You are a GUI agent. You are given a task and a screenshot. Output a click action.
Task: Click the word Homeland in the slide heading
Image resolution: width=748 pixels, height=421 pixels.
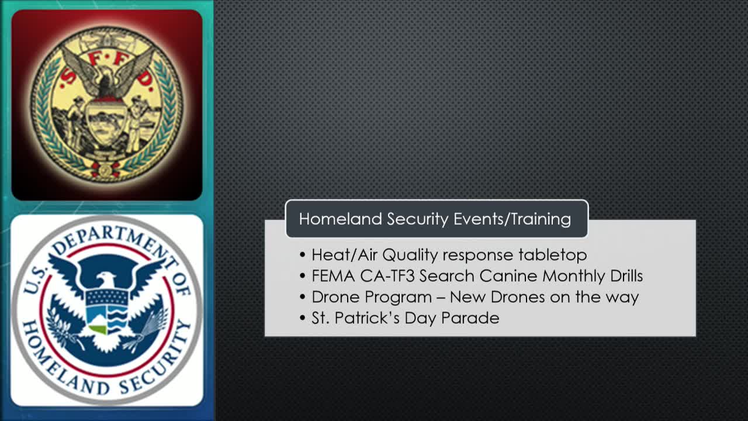[340, 219]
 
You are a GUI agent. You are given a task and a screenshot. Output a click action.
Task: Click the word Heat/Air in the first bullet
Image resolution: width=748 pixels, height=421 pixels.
[345, 255]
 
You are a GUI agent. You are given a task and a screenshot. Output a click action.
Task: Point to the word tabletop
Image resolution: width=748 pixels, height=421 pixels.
[553, 256]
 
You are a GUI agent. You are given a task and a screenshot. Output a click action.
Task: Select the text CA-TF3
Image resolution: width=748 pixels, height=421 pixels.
[387, 276]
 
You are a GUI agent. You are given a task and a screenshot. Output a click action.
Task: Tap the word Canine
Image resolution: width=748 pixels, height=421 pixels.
[508, 276]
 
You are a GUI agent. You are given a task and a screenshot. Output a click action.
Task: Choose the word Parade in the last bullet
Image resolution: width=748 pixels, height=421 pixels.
[470, 318]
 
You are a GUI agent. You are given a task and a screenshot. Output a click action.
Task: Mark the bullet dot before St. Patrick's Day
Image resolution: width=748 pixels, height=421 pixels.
[303, 318]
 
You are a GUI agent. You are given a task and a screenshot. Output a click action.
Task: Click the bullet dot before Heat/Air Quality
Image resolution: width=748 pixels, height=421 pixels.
[303, 255]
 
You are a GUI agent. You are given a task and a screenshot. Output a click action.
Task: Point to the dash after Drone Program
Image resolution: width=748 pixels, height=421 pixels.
[441, 298]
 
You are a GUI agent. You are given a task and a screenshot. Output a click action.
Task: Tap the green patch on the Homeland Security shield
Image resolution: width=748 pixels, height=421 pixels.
[98, 329]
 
